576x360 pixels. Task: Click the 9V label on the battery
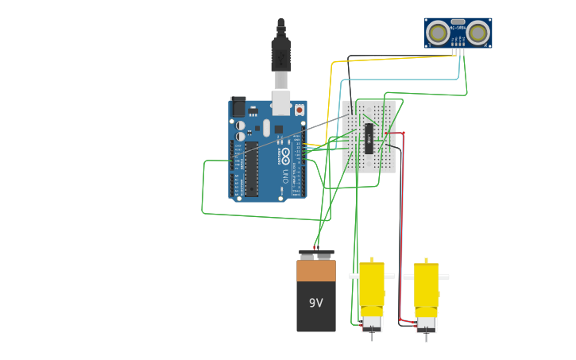(x=316, y=303)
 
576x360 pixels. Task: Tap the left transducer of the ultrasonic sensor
(x=437, y=33)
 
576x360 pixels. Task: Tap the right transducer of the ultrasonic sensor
(x=477, y=33)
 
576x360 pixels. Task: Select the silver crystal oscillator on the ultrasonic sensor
(x=458, y=22)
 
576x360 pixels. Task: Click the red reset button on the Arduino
(x=300, y=110)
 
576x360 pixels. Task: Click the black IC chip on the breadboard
(x=369, y=137)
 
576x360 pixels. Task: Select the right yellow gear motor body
(x=426, y=290)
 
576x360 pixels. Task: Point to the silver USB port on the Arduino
(x=281, y=102)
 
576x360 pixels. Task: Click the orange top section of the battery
(x=316, y=271)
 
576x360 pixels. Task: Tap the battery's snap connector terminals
(x=316, y=254)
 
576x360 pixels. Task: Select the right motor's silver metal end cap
(x=426, y=325)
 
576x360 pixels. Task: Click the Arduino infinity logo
(x=285, y=154)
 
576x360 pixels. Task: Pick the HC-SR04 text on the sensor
(x=458, y=29)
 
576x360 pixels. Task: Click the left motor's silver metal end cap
(x=371, y=323)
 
